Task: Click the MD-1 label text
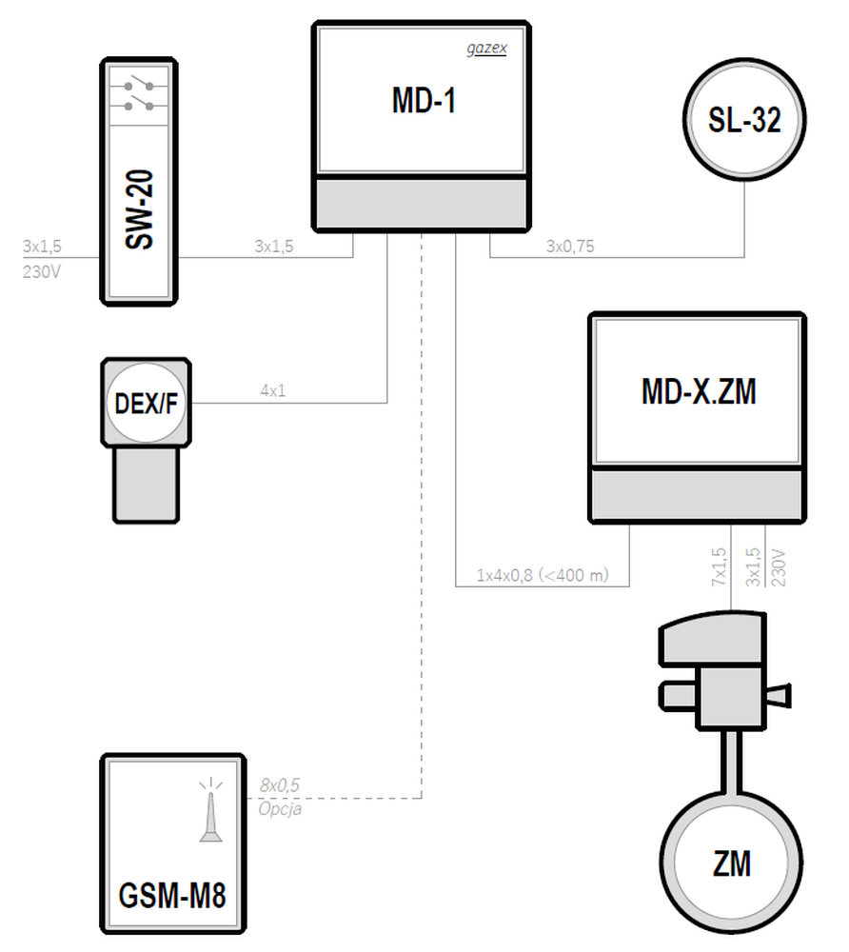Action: [x=424, y=101]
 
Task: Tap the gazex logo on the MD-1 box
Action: [x=486, y=49]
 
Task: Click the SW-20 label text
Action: [x=139, y=209]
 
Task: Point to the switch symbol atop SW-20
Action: [x=139, y=94]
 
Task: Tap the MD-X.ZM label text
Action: [x=699, y=391]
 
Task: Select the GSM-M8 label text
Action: [x=172, y=896]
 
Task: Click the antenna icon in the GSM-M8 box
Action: [x=210, y=810]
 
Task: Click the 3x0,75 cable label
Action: [x=570, y=247]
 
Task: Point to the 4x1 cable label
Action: [x=273, y=391]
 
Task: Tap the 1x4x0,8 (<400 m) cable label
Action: [x=543, y=575]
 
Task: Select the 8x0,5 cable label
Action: [x=280, y=785]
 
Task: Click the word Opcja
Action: [x=281, y=809]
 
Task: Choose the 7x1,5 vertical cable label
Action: [x=720, y=567]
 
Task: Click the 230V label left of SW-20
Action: [x=42, y=272]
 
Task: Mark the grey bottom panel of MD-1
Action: [x=422, y=204]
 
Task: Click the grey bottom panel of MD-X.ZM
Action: [x=698, y=495]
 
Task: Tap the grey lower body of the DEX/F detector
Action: [x=147, y=484]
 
